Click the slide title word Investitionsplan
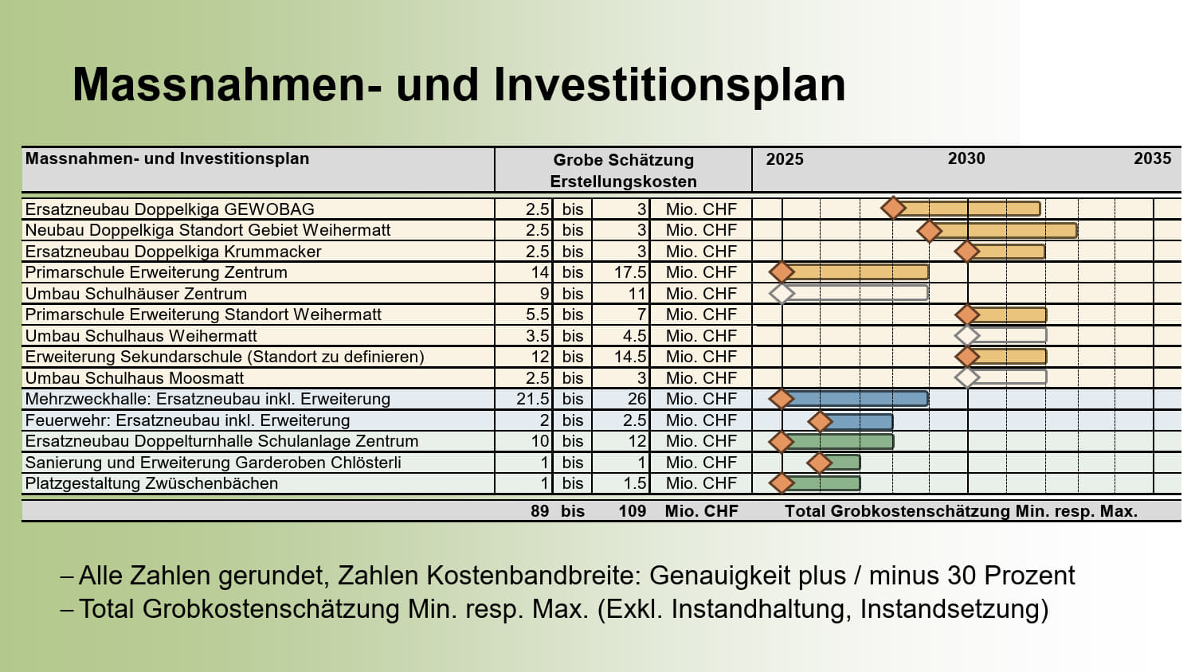669,85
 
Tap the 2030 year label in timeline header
966,158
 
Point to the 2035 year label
1152,158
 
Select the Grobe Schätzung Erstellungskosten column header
623,170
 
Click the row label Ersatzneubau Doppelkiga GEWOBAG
170,209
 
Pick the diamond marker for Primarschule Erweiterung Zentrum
782,272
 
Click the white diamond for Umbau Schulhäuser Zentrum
782,293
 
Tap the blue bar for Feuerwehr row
856,422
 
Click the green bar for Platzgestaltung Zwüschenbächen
821,484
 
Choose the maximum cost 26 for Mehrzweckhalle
637,399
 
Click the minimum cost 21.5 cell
532,399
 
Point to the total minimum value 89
540,511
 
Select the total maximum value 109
633,511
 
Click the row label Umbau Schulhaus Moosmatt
135,378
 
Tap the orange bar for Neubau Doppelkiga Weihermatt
1004,230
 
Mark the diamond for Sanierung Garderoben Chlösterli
820,463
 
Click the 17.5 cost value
630,272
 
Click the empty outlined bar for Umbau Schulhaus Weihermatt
1007,335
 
